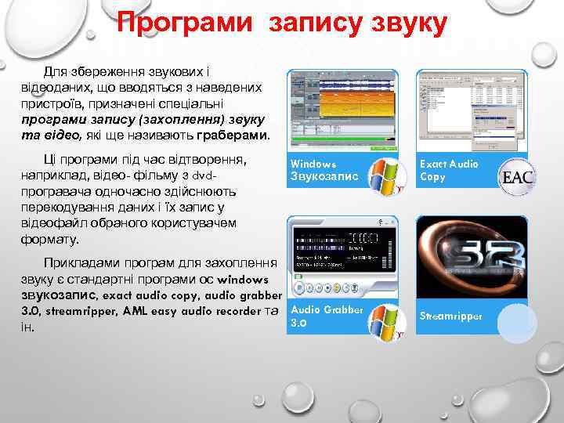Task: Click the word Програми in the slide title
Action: coord(185,23)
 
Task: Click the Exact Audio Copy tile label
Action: coord(449,170)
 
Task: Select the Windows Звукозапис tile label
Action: coord(324,170)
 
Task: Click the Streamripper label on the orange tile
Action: coord(451,316)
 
